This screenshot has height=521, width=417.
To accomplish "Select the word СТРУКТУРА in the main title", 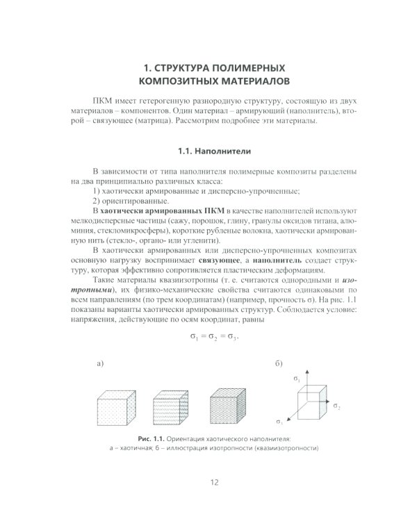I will click(182, 68).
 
